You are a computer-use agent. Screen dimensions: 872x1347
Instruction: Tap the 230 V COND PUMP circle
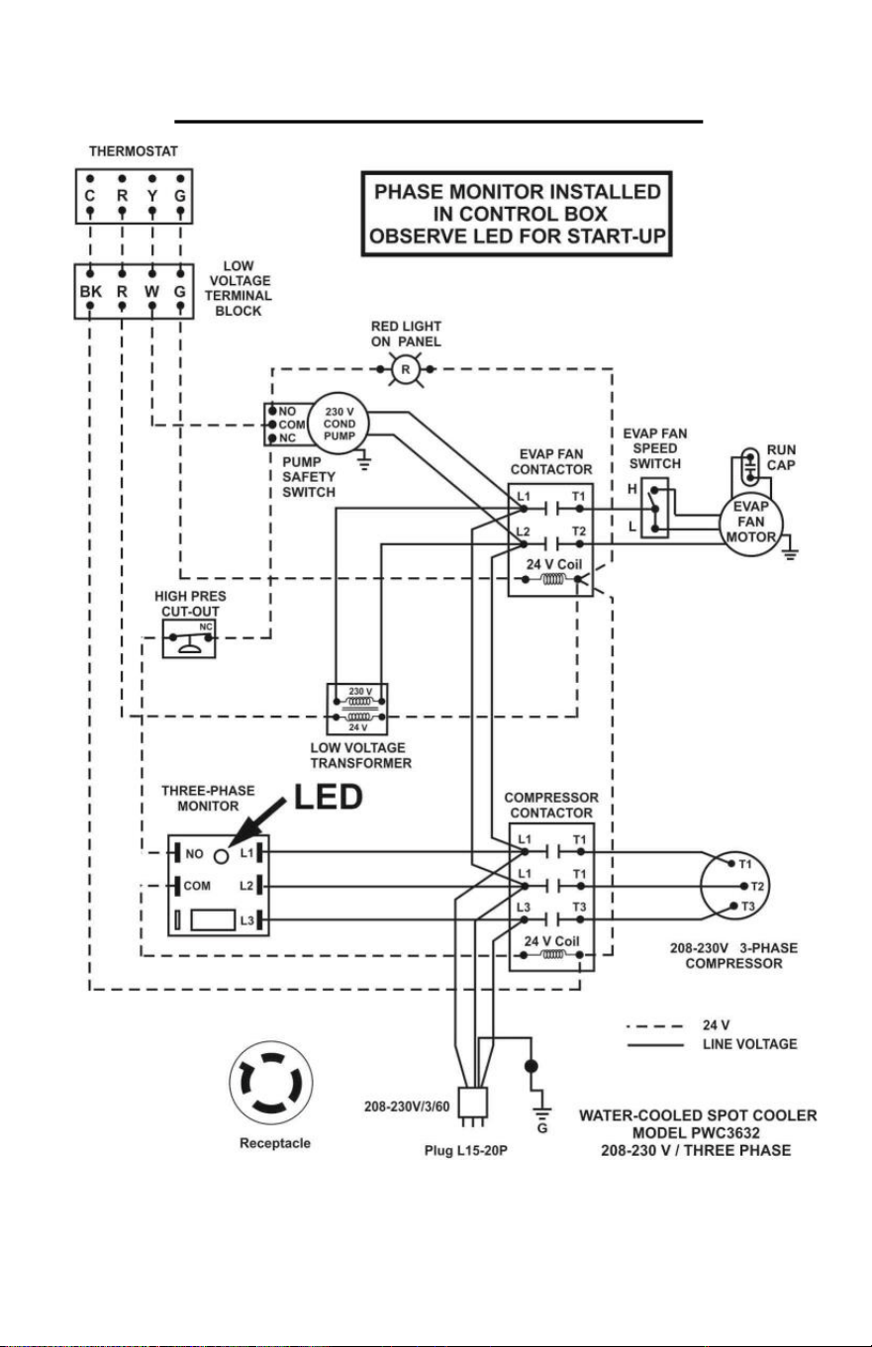[339, 424]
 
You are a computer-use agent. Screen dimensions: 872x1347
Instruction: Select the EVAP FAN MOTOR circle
[751, 523]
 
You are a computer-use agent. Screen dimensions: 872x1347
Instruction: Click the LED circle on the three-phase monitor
[222, 856]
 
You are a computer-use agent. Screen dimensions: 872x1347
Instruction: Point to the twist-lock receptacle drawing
[271, 1083]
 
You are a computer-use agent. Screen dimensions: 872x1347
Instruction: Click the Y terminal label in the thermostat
[152, 196]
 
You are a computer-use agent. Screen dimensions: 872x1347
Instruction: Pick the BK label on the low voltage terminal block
[91, 292]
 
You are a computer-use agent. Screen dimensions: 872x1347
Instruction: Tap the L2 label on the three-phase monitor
[246, 886]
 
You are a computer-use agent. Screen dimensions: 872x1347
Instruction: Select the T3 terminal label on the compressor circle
[747, 907]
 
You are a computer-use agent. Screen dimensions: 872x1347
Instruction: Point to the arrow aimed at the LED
[256, 823]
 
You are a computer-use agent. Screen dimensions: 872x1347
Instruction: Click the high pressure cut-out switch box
[189, 638]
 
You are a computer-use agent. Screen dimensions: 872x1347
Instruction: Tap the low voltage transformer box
[357, 709]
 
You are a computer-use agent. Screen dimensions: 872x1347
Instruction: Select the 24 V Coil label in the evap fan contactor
[554, 565]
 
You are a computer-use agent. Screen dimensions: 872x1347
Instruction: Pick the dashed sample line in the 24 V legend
[655, 1026]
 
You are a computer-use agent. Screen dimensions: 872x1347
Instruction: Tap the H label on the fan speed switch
[632, 489]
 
